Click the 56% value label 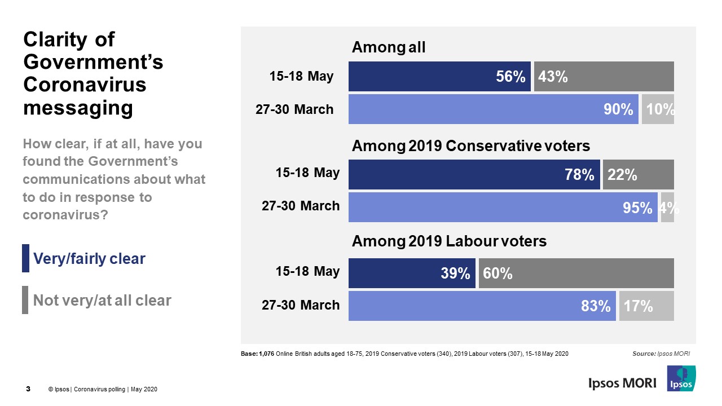(510, 77)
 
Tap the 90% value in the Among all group (618, 109)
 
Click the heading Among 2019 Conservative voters (470, 146)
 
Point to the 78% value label (579, 175)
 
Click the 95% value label (637, 208)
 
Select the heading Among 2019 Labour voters (449, 241)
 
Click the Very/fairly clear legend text (89, 259)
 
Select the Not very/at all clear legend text (102, 301)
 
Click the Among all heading (388, 48)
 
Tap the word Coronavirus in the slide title (84, 85)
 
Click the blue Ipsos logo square (681, 378)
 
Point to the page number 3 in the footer (28, 389)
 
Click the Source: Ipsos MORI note (661, 354)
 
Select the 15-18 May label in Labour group (307, 271)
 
